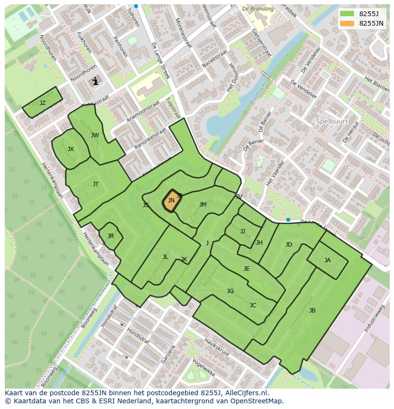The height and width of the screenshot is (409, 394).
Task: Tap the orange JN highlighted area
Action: pos(170,201)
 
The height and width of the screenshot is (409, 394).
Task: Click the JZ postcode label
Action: pos(42,103)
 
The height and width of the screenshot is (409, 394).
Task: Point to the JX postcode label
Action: pos(70,149)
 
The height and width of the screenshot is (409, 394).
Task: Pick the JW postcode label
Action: pos(95,135)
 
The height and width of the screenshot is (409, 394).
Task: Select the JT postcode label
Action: pos(96,184)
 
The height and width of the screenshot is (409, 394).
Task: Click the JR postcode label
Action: pos(110,236)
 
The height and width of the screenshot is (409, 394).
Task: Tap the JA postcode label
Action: pos(327,260)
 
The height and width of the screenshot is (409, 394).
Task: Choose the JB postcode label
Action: pos(312,311)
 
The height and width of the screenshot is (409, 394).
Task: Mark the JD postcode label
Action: pos(288,245)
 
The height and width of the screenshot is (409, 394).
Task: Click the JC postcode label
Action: pos(253,305)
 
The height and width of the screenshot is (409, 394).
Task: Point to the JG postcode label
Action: pos(230,291)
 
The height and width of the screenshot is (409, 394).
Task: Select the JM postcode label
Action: pos(203,205)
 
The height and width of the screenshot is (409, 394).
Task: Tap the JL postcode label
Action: pos(165,257)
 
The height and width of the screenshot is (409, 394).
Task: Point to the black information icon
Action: pos(95,81)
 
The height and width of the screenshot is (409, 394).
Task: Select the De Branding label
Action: pos(258,9)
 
